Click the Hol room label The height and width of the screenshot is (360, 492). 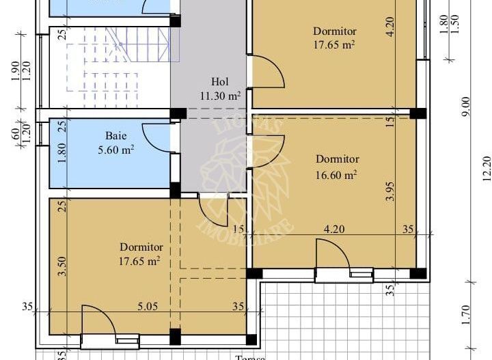[219, 83]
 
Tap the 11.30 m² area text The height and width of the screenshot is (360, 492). [219, 96]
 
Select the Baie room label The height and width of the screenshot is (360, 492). [115, 136]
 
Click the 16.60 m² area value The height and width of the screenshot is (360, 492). [337, 175]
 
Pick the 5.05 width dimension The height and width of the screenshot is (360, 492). [148, 307]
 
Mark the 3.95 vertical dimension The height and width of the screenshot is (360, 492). [390, 190]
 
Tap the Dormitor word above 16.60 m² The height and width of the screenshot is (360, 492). [337, 159]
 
